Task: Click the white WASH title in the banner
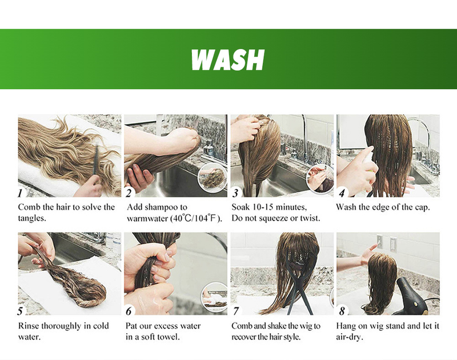point(227,59)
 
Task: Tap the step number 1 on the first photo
point(20,193)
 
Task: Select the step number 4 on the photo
point(342,193)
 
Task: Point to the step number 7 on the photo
point(236,311)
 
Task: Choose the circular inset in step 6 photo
point(215,297)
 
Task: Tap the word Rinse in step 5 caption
point(28,326)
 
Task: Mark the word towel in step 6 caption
point(169,337)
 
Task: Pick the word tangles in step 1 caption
point(32,218)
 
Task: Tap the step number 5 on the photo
point(20,311)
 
